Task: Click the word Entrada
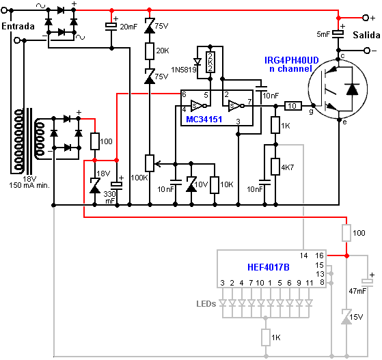pyautogui.click(x=18, y=27)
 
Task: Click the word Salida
pyautogui.click(x=367, y=35)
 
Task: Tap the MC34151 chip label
pyautogui.click(x=204, y=120)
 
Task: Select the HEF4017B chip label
pyautogui.click(x=269, y=267)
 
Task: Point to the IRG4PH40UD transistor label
pyautogui.click(x=292, y=60)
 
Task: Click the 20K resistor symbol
pyautogui.click(x=150, y=51)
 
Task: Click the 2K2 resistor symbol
pyautogui.click(x=210, y=62)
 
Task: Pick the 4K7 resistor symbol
pyautogui.click(x=275, y=167)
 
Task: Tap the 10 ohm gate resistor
pyautogui.click(x=293, y=106)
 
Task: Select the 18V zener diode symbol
pyautogui.click(x=95, y=186)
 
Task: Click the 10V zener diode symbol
pyautogui.click(x=191, y=184)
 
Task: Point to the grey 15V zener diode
pyautogui.click(x=346, y=317)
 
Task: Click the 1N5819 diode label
pyautogui.click(x=184, y=70)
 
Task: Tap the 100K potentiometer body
pyautogui.click(x=150, y=163)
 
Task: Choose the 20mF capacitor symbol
pyautogui.click(x=111, y=27)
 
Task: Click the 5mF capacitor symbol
pyautogui.click(x=338, y=34)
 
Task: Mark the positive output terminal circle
pyautogui.click(x=366, y=18)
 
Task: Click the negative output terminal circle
pyautogui.click(x=367, y=51)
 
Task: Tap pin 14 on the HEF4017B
pyautogui.click(x=304, y=255)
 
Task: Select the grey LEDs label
pyautogui.click(x=206, y=304)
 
